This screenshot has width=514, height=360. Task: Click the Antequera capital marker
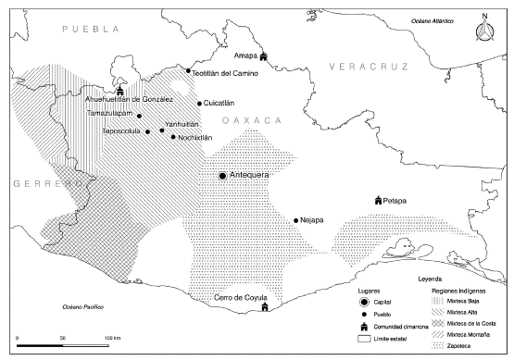(223, 175)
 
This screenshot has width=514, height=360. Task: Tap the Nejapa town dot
(295, 220)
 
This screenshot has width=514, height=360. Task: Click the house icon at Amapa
(264, 56)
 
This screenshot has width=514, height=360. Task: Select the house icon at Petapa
(378, 201)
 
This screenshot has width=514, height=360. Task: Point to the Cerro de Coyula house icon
(265, 307)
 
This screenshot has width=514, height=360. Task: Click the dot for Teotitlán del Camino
(189, 71)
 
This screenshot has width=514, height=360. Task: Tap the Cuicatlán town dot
(199, 104)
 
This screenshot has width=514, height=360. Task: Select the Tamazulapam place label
(113, 113)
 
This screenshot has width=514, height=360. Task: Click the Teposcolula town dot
(147, 132)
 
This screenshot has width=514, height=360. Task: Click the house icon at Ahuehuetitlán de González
(119, 91)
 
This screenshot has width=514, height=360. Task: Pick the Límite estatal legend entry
(367, 341)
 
